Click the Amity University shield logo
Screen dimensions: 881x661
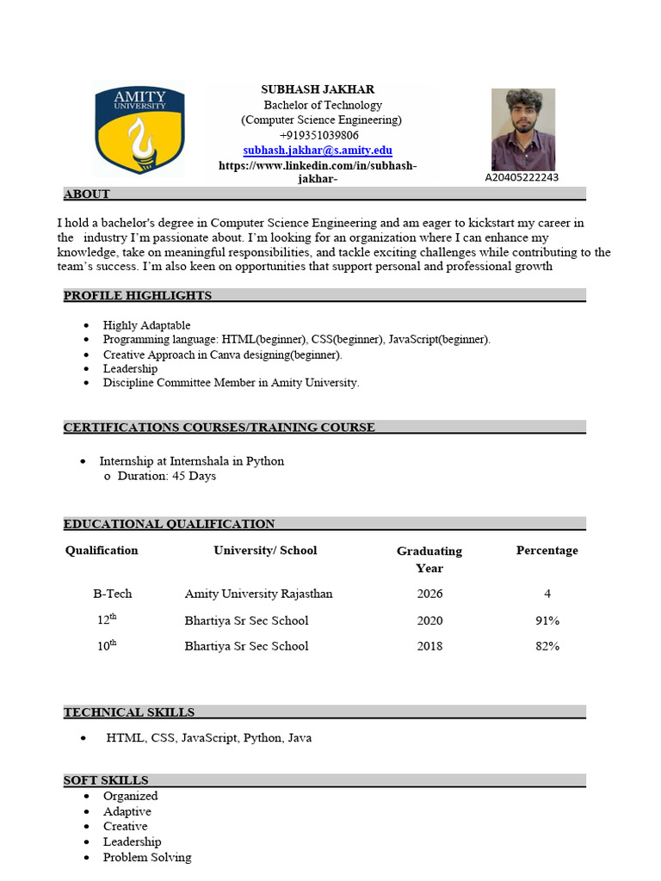coord(139,129)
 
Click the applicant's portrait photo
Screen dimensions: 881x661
coord(522,129)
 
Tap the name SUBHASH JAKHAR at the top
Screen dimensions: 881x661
coord(318,89)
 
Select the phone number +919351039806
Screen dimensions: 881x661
coord(319,135)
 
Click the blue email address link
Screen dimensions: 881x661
coord(318,150)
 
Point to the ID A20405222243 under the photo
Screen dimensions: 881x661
coord(522,177)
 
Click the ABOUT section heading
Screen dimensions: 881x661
coord(86,194)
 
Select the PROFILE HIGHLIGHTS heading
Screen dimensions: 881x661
coord(138,295)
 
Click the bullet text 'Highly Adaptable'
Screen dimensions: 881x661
coord(147,325)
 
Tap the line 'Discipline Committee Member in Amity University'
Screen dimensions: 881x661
coord(231,383)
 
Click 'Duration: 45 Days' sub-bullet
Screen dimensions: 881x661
coord(166,476)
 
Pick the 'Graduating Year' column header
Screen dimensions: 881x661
coord(429,559)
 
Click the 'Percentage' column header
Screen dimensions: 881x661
coord(547,551)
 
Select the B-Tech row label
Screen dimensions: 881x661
coord(112,594)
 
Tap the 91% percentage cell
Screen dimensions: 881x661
coord(547,620)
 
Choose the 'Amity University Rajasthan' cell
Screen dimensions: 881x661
coord(258,594)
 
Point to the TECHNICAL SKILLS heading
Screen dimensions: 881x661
coord(129,712)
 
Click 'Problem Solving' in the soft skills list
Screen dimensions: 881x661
coord(147,857)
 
